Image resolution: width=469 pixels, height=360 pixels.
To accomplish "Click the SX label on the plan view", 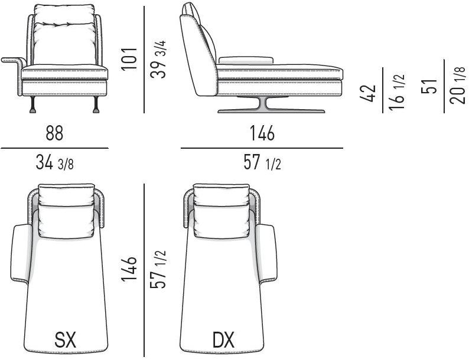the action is (66, 340).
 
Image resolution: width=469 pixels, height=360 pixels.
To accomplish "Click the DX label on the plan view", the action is (223, 340).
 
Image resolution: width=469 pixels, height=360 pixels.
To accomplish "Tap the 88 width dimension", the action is (54, 133).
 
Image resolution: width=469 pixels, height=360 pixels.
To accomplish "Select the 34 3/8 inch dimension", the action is (54, 163).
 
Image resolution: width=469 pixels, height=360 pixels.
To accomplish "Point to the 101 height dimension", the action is (129, 59).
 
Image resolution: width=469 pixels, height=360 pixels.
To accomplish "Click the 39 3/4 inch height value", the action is (158, 59).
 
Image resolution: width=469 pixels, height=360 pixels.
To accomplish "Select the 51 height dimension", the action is (429, 87).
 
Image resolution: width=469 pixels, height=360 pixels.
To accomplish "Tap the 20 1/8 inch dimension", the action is (458, 85).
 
